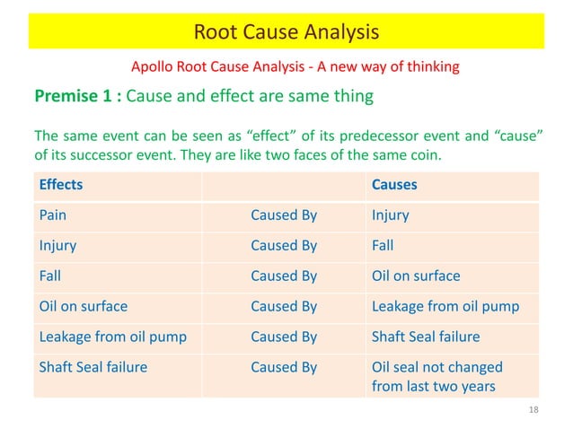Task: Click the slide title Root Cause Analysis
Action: pyautogui.click(x=286, y=33)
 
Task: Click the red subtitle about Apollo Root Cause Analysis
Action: pyautogui.click(x=295, y=66)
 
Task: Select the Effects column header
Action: pyautogui.click(x=60, y=185)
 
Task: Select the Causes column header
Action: pyautogui.click(x=393, y=185)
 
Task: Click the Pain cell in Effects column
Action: pyautogui.click(x=53, y=215)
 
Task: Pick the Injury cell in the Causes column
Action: pyautogui.click(x=390, y=215)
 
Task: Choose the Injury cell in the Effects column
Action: pyautogui.click(x=57, y=245)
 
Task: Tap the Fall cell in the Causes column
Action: pyautogui.click(x=383, y=245)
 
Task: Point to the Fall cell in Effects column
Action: pyautogui.click(x=50, y=276)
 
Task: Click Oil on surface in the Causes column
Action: pyautogui.click(x=415, y=276)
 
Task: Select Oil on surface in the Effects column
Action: pyautogui.click(x=83, y=306)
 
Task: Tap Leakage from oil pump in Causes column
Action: pyautogui.click(x=445, y=306)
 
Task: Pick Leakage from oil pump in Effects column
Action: pyautogui.click(x=112, y=337)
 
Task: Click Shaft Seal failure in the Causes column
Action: pyautogui.click(x=426, y=337)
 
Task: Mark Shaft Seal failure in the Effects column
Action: pyautogui.click(x=93, y=367)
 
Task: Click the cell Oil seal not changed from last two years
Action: pyautogui.click(x=437, y=377)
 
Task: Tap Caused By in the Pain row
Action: pyautogui.click(x=284, y=215)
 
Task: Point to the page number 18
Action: pyautogui.click(x=533, y=410)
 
